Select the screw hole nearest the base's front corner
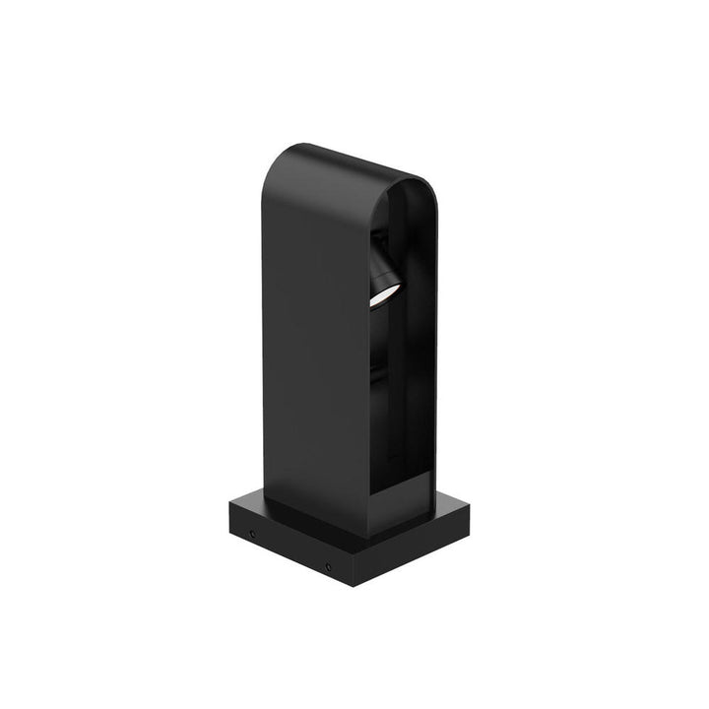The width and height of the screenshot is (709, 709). tap(328, 566)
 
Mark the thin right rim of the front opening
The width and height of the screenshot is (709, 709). tap(430, 345)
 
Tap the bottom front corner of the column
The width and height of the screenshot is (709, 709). tap(366, 536)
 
